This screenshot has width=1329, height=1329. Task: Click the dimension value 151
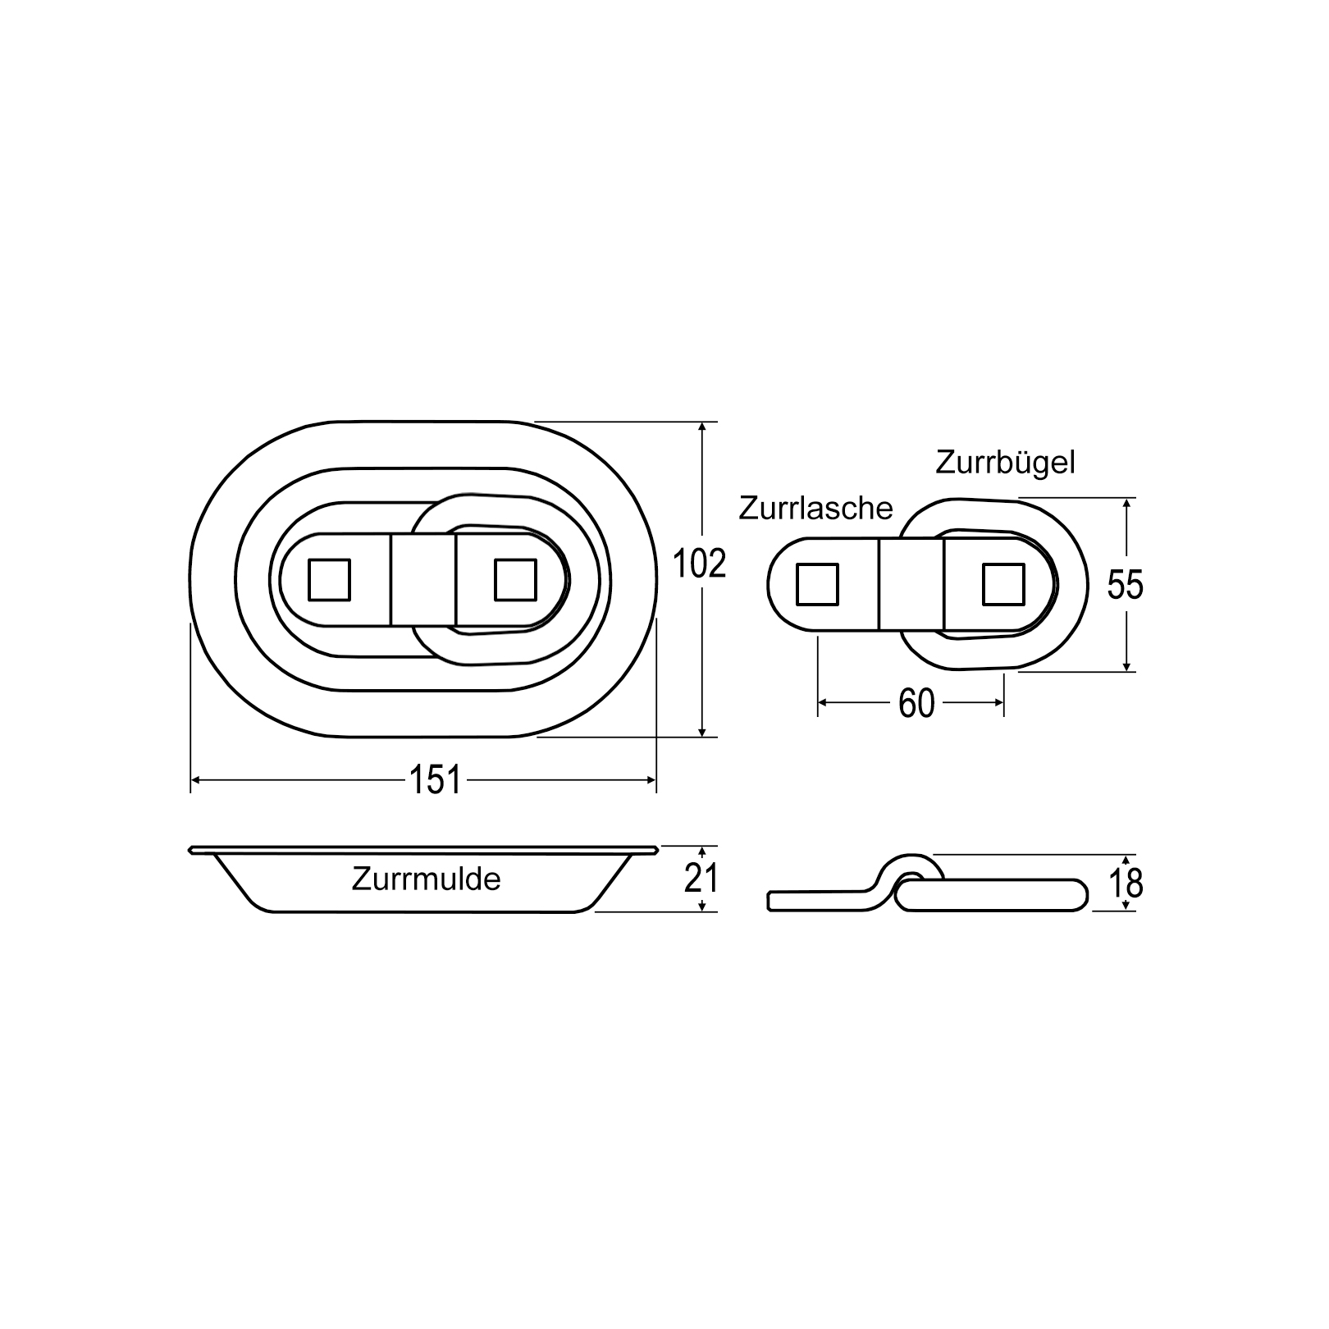click(435, 779)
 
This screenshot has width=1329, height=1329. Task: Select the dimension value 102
click(699, 564)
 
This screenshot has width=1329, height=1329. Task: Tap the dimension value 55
click(1125, 585)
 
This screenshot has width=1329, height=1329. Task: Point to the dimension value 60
click(916, 703)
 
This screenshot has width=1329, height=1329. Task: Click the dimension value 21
click(702, 879)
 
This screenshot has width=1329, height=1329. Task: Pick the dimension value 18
click(1126, 883)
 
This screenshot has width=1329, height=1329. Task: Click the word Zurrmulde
click(426, 879)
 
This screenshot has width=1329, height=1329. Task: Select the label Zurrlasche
click(815, 509)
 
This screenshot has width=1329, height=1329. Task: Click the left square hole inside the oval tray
click(329, 580)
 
